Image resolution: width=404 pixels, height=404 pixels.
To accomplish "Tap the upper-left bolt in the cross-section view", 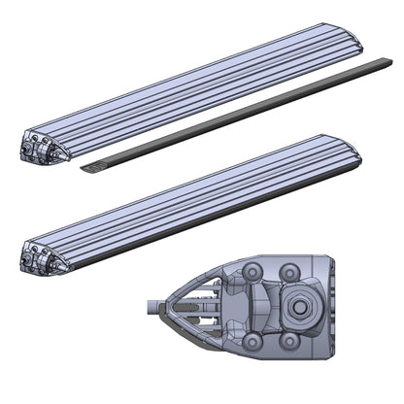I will tap(254, 272).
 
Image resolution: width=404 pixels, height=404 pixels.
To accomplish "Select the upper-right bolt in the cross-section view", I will tap(288, 272).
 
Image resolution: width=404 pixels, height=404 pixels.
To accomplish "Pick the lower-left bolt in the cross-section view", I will tap(254, 341).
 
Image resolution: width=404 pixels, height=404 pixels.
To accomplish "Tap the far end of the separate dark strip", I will tap(387, 64).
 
